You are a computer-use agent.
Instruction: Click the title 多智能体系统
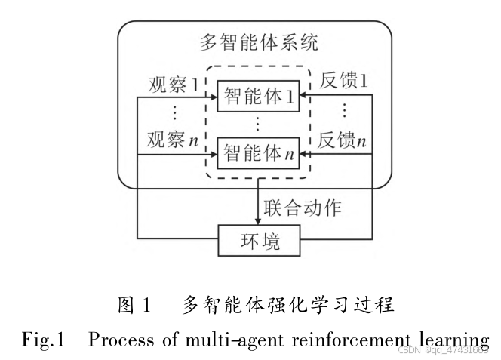coord(258,42)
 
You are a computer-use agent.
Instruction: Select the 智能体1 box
coord(258,97)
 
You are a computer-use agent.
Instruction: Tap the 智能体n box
coord(258,153)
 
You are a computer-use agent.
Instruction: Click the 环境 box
coord(260,242)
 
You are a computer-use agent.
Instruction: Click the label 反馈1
coord(343,80)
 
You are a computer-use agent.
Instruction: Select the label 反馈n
coord(343,140)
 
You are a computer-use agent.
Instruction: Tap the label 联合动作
coord(302,206)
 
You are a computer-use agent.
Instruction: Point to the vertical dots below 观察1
coord(175,112)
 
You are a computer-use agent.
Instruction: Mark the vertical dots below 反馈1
coord(343,110)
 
